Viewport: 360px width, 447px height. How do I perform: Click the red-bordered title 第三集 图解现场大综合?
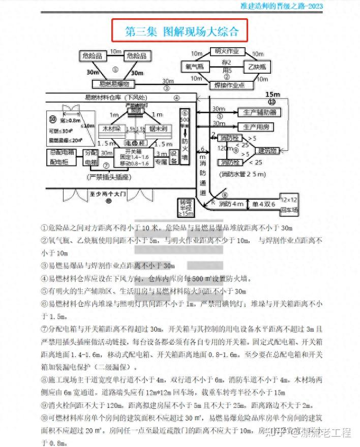point(181,31)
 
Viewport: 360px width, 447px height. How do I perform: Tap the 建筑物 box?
point(267,150)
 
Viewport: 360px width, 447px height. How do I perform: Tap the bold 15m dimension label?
point(273,94)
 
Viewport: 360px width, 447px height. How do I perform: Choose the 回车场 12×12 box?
point(291,205)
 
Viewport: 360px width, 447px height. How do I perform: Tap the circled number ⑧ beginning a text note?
point(44,379)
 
